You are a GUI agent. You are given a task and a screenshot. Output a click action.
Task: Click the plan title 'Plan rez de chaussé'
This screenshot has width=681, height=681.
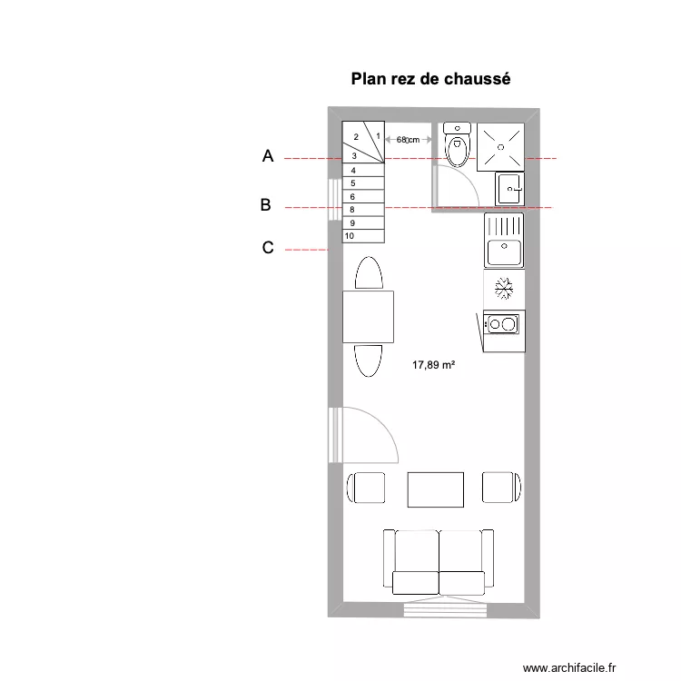tap(431, 79)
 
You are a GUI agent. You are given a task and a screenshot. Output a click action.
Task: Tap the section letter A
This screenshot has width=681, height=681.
tap(267, 156)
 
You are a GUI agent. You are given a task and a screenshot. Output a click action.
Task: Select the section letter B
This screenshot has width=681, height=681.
tap(265, 205)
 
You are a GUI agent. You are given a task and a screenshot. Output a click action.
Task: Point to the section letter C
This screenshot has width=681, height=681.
tap(268, 247)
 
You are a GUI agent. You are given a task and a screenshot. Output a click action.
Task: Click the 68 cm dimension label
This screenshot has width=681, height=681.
tap(408, 139)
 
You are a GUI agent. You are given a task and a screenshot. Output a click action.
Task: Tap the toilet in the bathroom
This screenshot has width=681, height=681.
tap(458, 146)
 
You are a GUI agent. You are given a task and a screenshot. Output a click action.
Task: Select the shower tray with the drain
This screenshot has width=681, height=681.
tap(501, 143)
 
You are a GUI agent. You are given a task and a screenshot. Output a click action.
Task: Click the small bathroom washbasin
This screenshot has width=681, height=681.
tap(509, 189)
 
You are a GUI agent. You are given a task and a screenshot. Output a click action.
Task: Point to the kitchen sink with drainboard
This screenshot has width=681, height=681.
tap(504, 241)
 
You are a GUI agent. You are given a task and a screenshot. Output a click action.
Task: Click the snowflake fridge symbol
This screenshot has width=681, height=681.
tap(504, 289)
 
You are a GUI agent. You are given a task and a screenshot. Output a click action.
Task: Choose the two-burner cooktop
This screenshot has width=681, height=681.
tap(503, 323)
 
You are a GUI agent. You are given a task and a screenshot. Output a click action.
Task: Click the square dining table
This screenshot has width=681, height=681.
tap(368, 316)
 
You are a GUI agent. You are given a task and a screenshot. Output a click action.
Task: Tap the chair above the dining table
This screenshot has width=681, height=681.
tap(368, 273)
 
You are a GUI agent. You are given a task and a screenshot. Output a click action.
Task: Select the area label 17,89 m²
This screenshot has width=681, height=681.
tap(433, 365)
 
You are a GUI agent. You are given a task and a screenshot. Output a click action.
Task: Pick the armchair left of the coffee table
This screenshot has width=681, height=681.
tap(367, 488)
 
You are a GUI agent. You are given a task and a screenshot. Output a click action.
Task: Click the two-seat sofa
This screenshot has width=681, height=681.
tap(439, 563)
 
